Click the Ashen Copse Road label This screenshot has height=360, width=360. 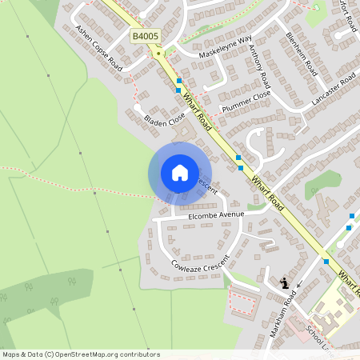[98, 49]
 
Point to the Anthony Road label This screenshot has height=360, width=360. [259, 66]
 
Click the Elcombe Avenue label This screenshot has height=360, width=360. [215, 215]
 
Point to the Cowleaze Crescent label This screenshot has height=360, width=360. [199, 263]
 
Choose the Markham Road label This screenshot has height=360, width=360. [283, 313]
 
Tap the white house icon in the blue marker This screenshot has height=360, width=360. [179, 173]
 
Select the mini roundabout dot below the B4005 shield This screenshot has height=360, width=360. [160, 53]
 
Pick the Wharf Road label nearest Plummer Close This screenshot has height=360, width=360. [195, 113]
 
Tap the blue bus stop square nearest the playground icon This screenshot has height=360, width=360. [326, 262]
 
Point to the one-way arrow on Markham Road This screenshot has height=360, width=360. [298, 285]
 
